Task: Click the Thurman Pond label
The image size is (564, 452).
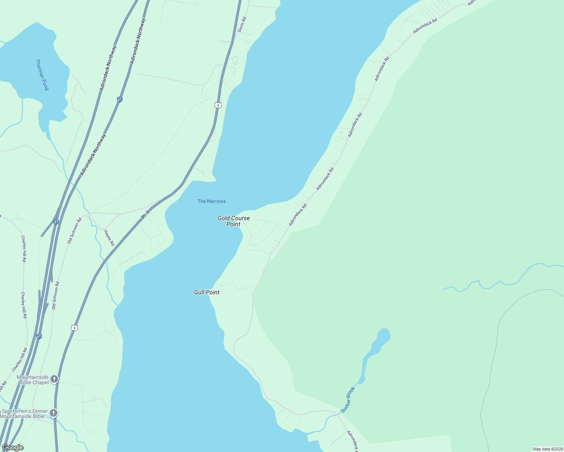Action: (42, 75)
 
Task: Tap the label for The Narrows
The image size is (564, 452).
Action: (211, 201)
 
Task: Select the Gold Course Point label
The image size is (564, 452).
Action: (233, 221)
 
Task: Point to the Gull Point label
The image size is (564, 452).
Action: (207, 292)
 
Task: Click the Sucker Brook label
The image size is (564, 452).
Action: (348, 399)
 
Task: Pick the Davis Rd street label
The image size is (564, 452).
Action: (242, 24)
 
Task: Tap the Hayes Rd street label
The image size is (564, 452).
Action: (109, 238)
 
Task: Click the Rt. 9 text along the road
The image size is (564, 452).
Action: (146, 215)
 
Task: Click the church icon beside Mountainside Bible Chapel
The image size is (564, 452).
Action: (54, 379)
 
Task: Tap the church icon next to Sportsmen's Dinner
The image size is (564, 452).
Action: (54, 413)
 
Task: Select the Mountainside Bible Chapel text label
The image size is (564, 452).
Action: (33, 380)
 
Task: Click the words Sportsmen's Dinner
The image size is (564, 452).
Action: (25, 411)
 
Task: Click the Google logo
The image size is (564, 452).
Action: (12, 447)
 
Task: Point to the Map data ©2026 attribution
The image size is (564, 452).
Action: (547, 449)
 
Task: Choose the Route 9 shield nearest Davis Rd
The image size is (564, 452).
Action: (218, 105)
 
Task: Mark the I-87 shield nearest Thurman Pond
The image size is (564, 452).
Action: (120, 100)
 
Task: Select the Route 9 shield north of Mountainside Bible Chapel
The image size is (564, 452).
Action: (74, 328)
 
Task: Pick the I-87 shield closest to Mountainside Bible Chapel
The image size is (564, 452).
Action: (39, 336)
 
